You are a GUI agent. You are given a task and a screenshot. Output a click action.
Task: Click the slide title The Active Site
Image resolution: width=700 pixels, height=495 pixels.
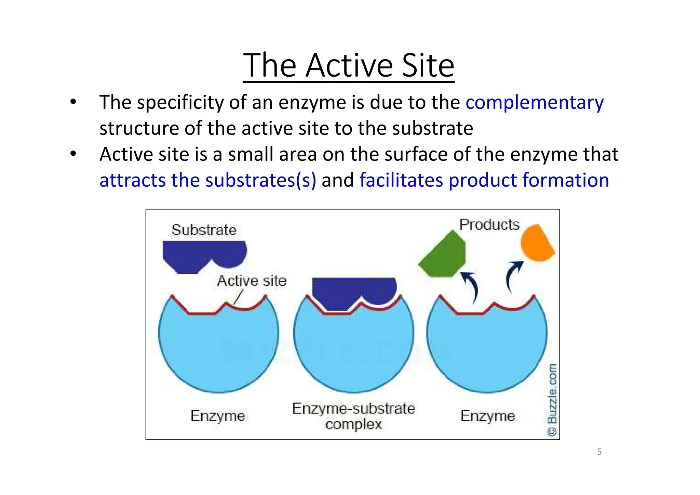[349, 65]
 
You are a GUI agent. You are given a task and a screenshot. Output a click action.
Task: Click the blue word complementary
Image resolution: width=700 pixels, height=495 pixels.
[534, 103]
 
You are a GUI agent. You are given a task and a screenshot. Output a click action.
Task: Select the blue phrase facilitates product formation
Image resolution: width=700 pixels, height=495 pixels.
[484, 180]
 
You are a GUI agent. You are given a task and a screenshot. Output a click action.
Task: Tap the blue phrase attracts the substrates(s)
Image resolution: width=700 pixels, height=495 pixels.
[208, 180]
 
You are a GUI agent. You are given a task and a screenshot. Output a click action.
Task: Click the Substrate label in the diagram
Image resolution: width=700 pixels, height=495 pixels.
[204, 230]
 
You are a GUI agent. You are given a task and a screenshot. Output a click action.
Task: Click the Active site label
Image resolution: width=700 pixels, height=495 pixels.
[252, 281]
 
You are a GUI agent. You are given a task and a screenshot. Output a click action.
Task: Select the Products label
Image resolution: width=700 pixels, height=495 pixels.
[489, 225]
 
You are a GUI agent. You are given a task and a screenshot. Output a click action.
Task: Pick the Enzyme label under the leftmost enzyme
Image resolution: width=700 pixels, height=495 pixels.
[218, 416]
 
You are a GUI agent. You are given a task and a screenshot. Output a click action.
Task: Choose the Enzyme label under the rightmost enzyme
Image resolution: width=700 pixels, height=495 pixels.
[487, 416]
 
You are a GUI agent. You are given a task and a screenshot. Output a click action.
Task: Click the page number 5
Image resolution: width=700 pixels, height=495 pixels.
[599, 452]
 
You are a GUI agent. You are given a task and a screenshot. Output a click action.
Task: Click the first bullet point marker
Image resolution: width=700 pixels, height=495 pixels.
[73, 102]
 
